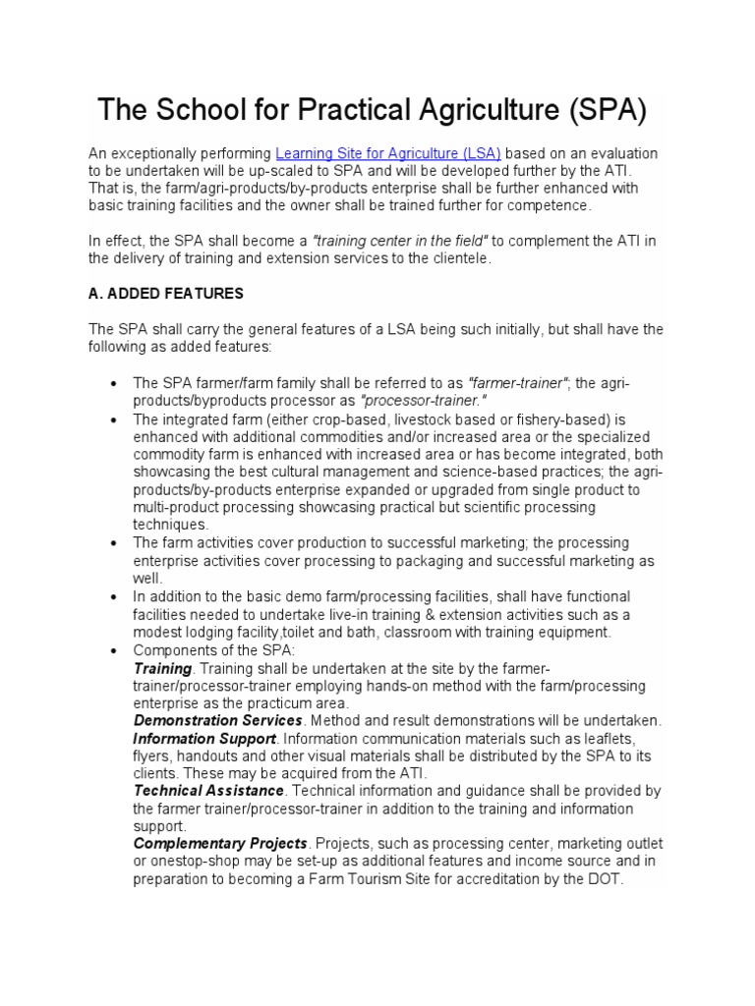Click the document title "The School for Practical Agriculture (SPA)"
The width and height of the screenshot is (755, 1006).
coord(372,111)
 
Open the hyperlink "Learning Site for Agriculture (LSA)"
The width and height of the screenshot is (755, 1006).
coord(388,153)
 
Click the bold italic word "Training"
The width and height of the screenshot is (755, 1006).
coord(161,668)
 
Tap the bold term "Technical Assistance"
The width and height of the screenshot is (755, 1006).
coord(208,791)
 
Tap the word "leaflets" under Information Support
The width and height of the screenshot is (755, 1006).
coord(604,739)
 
